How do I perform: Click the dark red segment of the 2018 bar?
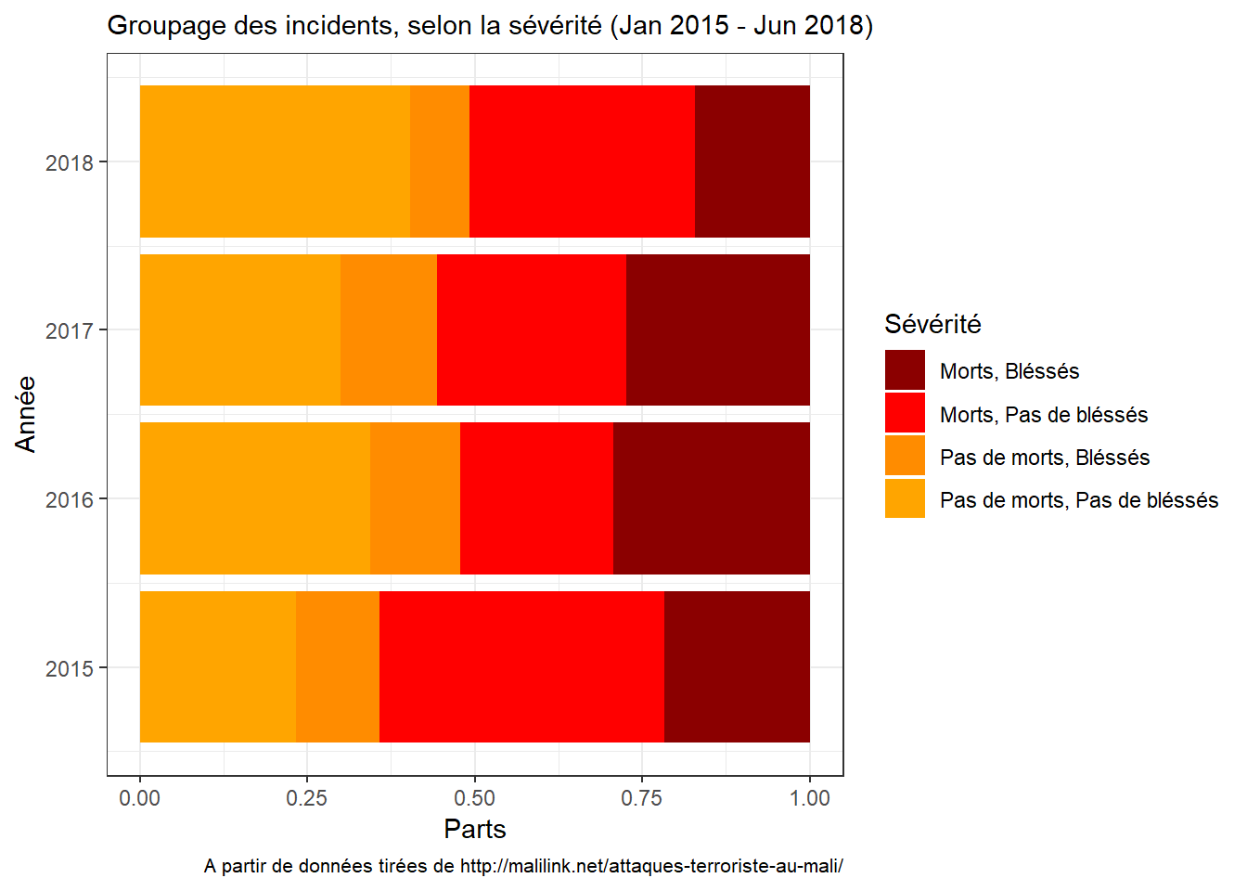752,161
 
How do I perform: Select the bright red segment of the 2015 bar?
521,666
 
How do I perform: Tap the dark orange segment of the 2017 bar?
389,329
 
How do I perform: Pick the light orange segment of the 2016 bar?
255,498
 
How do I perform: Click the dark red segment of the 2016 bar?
712,498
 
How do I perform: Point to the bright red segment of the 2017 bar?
532,329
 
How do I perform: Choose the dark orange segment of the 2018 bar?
440,161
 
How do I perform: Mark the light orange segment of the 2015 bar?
218,666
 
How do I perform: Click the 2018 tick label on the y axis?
70,163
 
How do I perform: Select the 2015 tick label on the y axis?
70,668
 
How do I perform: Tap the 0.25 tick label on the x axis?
307,798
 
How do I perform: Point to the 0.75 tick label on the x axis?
642,798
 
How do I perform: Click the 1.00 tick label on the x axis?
809,798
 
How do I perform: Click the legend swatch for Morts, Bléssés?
905,370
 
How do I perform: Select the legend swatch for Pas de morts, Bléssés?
905,456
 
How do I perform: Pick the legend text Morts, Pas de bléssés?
1044,415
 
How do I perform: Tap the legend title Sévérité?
932,324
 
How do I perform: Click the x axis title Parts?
475,829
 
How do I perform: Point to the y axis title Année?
26,414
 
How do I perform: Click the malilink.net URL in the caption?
651,867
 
